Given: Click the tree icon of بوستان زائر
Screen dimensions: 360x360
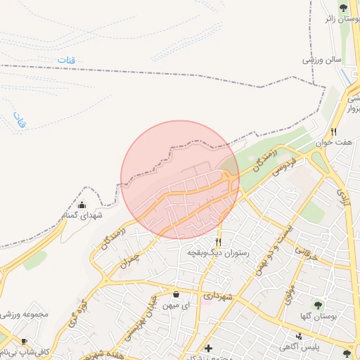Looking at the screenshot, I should click(x=343, y=8).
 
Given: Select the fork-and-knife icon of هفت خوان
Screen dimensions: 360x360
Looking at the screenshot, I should click(x=334, y=131).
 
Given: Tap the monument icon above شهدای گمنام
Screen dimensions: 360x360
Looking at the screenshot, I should click(x=83, y=205).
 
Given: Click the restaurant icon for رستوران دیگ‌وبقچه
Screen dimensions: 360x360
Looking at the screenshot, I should click(x=218, y=241).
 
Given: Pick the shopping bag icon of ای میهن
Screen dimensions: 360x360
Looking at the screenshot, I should click(x=176, y=295).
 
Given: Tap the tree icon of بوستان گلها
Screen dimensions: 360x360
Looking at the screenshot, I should click(x=318, y=306).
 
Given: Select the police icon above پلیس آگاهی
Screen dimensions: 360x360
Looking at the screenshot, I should click(x=300, y=336).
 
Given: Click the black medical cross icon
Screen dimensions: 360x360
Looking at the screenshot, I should click(x=207, y=348).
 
